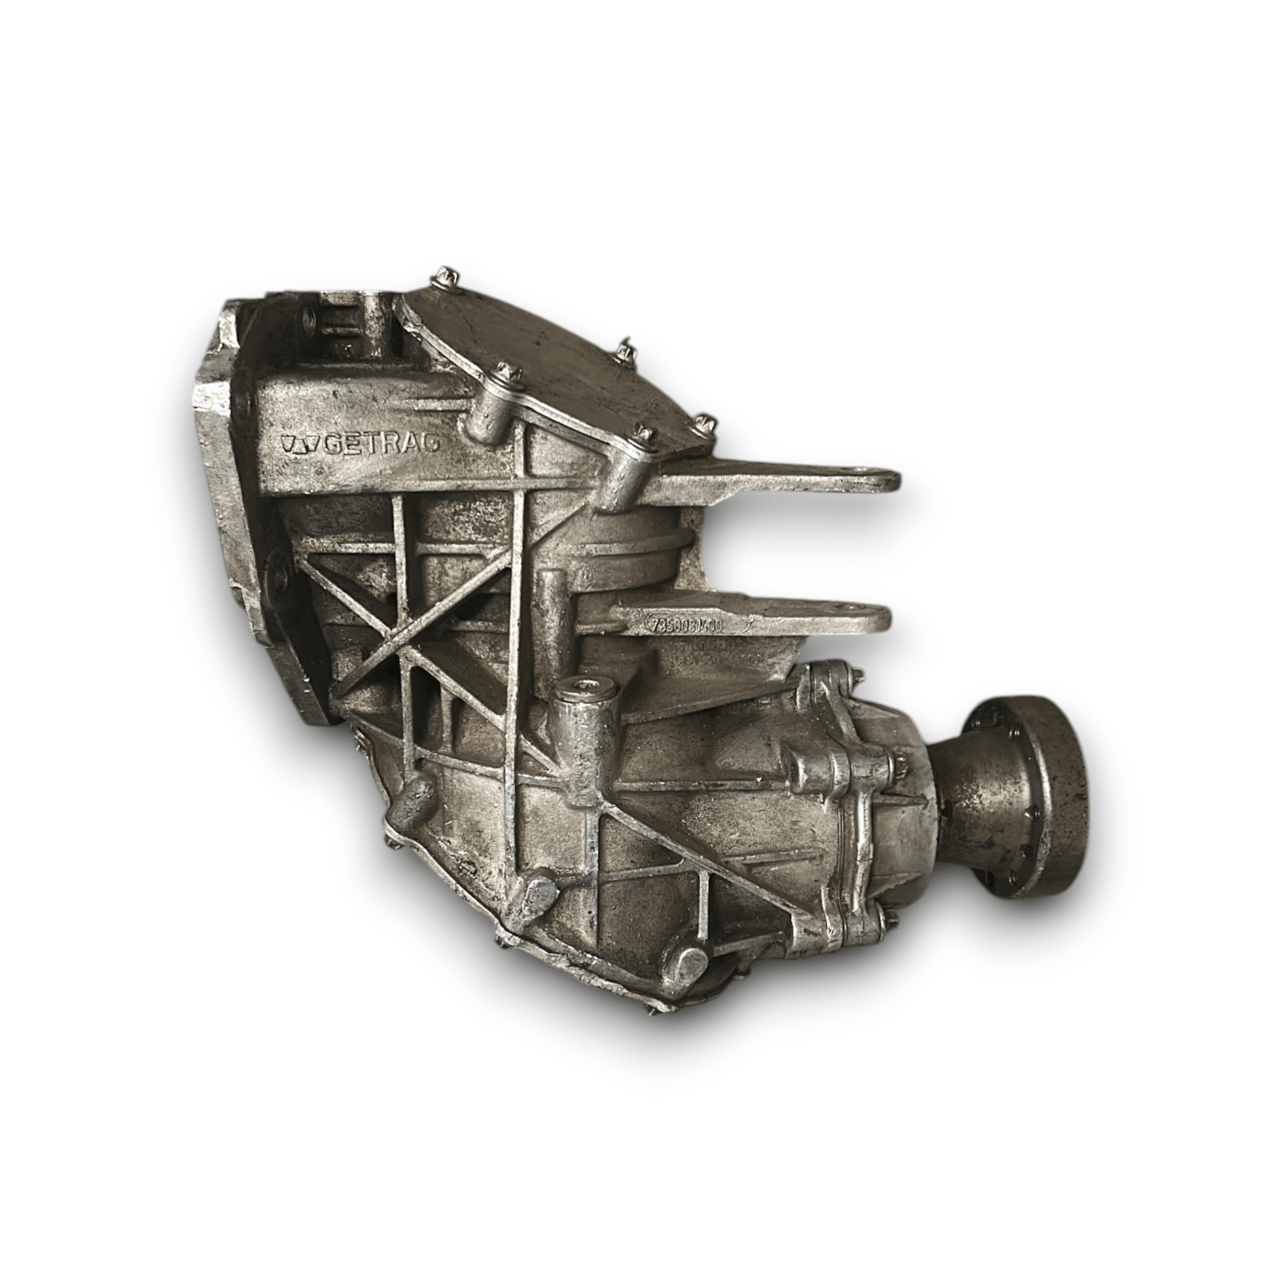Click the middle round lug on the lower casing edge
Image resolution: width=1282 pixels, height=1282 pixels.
coord(538,896)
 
